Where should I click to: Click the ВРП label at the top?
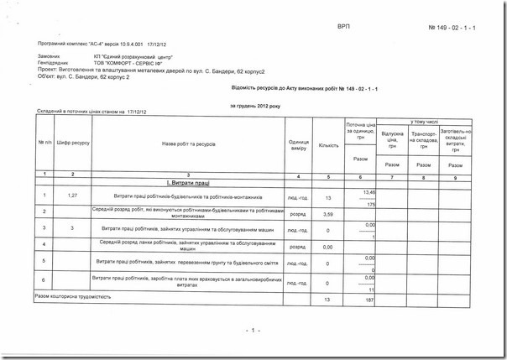343,28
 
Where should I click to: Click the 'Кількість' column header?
328,144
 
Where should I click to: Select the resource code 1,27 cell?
73,196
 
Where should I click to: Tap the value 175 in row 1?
369,204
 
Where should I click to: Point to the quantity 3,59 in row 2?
328,216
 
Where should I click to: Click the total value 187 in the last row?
368,300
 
